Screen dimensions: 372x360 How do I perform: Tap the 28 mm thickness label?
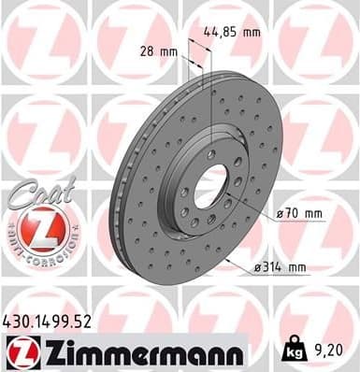(158, 51)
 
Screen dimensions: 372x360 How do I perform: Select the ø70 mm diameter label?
(298, 214)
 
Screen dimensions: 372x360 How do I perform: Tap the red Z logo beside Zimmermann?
(20, 353)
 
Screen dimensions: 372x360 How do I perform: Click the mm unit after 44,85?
(250, 32)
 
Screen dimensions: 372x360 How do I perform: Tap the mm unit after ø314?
(296, 268)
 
